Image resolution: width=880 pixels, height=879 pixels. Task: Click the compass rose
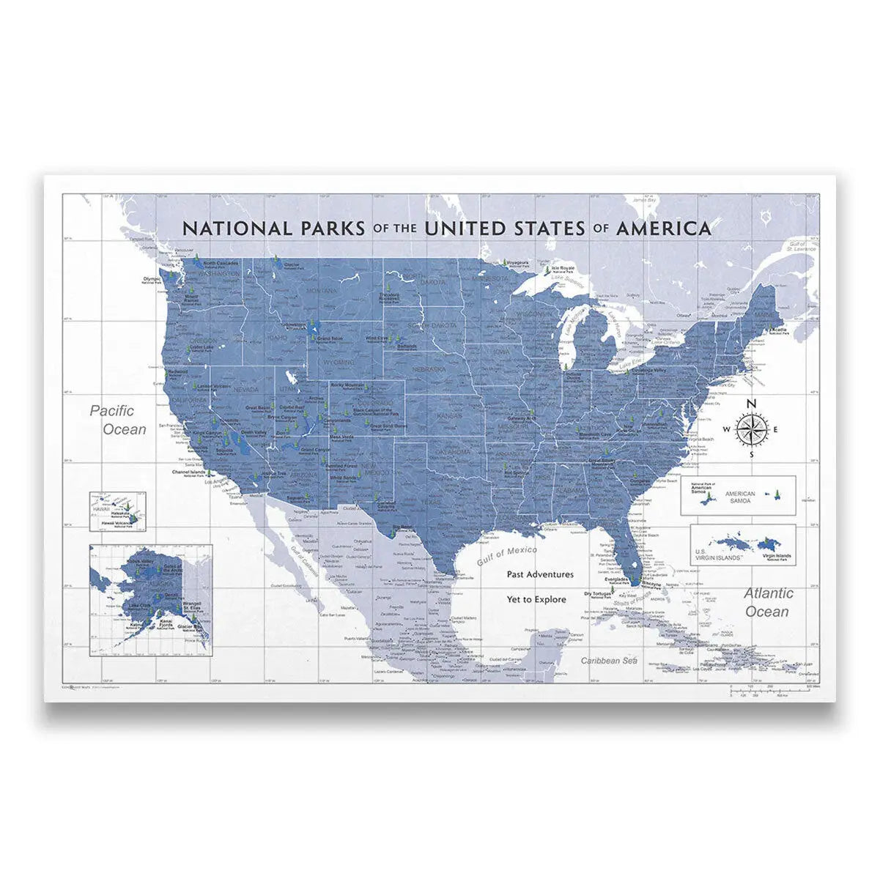(x=751, y=429)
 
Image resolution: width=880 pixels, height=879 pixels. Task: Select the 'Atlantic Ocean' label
(x=766, y=602)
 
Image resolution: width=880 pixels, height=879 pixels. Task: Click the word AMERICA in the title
(x=664, y=228)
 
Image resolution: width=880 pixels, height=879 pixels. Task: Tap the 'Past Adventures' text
(x=540, y=575)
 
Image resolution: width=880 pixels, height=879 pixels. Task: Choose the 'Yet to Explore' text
(x=536, y=599)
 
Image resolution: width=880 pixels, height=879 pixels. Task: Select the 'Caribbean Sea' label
(x=610, y=661)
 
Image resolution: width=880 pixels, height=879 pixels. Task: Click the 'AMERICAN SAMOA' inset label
(x=739, y=497)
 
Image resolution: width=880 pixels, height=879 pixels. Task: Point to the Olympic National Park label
(x=152, y=280)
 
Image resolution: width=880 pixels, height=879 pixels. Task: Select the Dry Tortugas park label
(x=597, y=594)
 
